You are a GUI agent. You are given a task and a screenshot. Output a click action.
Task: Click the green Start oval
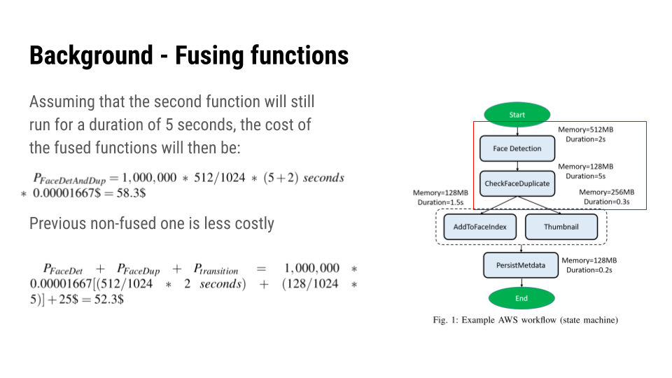pyautogui.click(x=517, y=115)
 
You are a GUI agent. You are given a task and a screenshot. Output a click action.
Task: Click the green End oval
pyautogui.click(x=521, y=298)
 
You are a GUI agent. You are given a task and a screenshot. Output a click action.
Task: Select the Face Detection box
pyautogui.click(x=517, y=148)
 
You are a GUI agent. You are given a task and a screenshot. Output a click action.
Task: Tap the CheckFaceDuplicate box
pyautogui.click(x=517, y=183)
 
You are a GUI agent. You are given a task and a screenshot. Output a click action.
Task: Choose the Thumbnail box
pyautogui.click(x=561, y=227)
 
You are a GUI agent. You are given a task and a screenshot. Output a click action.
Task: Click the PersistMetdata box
pyautogui.click(x=521, y=265)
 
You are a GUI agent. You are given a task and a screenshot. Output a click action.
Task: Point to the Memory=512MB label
pyautogui.click(x=585, y=129)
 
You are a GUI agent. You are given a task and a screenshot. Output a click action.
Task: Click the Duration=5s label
pyautogui.click(x=585, y=176)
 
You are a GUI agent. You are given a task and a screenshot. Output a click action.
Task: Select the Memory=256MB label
pyautogui.click(x=607, y=192)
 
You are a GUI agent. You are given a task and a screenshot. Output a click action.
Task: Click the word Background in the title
pyautogui.click(x=90, y=55)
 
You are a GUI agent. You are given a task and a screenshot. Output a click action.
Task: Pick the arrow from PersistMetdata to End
pyautogui.click(x=521, y=282)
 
